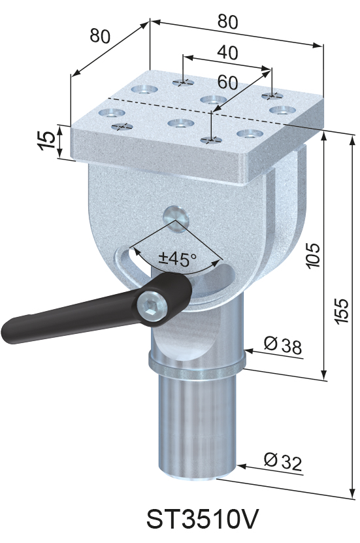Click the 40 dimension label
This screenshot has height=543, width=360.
click(227, 52)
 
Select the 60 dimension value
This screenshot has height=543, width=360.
click(227, 82)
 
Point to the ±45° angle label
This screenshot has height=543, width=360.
click(178, 259)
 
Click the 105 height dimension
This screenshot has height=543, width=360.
click(313, 256)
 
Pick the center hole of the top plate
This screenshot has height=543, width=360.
click(211, 100)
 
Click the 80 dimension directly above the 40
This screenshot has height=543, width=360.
click(227, 22)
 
